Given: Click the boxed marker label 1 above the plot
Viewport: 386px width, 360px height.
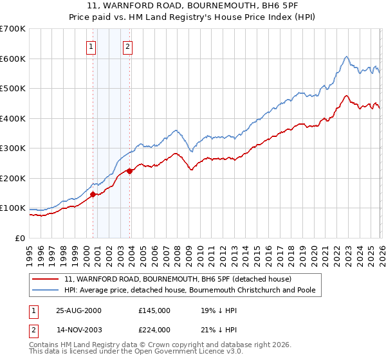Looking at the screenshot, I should (x=91, y=46).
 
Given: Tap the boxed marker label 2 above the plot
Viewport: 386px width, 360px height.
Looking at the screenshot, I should (x=128, y=46).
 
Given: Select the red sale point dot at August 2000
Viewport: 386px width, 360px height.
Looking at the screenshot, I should (x=93, y=194).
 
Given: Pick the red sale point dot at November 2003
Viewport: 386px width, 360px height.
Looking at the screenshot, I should (x=130, y=171).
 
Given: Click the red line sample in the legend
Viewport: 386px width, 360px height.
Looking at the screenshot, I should (x=46, y=279).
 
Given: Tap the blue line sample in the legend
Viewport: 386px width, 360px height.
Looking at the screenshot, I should (x=46, y=290).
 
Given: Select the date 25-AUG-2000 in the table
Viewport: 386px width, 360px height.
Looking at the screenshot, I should (x=78, y=310).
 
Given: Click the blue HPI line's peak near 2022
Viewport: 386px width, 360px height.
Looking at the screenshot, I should (x=346, y=57).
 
